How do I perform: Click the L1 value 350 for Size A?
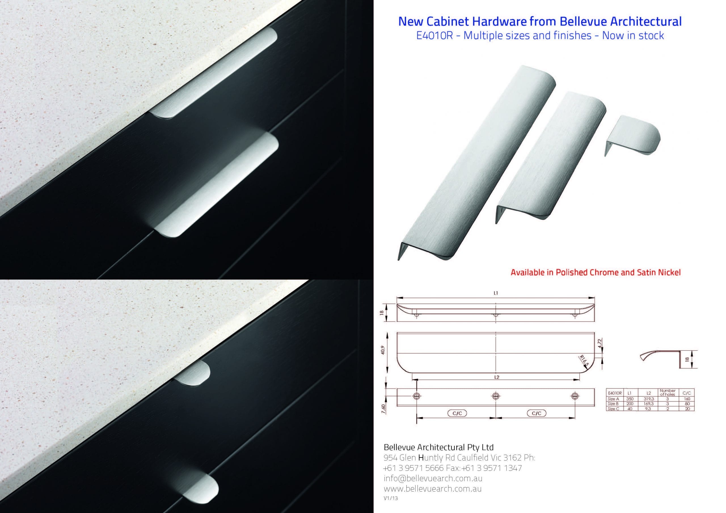(630, 399)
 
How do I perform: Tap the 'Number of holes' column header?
(668, 393)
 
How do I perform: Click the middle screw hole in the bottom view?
(495, 396)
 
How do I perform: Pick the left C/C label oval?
(457, 413)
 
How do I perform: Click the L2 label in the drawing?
(497, 377)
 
